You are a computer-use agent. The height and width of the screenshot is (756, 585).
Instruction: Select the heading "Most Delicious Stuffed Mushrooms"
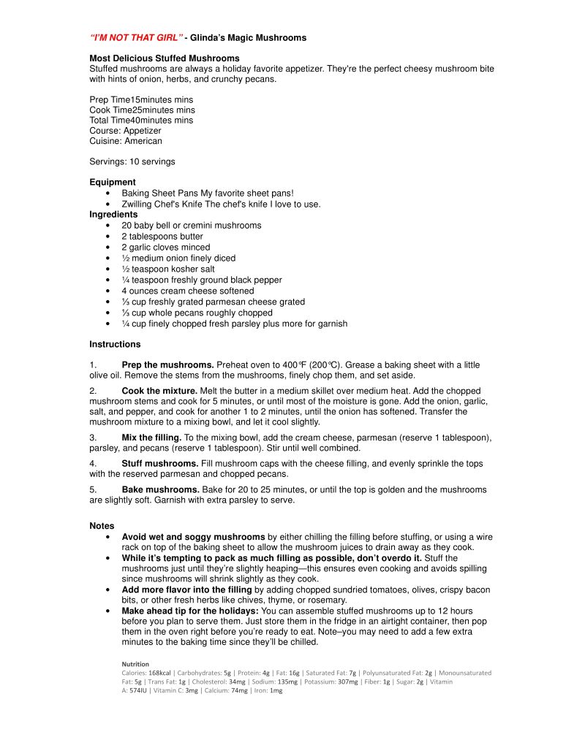(165, 58)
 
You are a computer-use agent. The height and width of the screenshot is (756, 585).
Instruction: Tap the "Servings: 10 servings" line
(132, 161)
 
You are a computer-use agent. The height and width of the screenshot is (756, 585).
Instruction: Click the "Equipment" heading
(113, 182)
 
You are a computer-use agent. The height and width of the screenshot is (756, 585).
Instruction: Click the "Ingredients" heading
(113, 215)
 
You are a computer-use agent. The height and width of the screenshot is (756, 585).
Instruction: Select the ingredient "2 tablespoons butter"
(162, 237)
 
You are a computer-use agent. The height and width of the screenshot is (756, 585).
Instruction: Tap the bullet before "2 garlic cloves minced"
(108, 248)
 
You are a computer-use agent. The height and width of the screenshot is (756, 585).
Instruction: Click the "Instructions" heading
(115, 344)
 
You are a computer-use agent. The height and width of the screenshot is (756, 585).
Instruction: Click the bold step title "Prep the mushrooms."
(167, 365)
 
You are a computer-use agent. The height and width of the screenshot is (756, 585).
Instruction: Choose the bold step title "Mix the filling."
(151, 438)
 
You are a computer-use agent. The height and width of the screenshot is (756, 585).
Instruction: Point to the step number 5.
(92, 489)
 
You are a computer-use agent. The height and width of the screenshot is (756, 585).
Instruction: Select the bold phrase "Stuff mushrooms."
(159, 464)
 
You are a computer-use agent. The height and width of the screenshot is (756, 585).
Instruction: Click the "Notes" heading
(102, 526)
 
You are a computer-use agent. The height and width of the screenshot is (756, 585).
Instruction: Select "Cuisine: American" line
(126, 141)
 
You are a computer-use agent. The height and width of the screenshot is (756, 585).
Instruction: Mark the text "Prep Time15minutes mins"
(141, 99)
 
